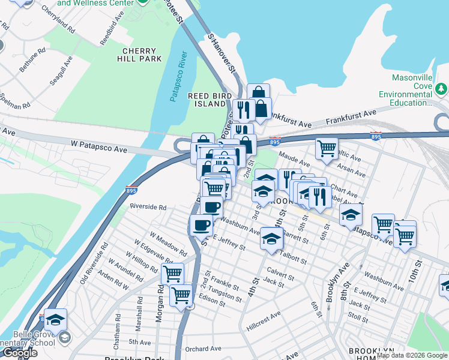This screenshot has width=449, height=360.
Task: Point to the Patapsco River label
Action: pos(179,77)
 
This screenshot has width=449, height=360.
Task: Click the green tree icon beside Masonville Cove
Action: pos(442,89)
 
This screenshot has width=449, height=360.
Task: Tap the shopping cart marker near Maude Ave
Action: pos(327,147)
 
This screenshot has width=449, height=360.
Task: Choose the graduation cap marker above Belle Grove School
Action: pos(56,319)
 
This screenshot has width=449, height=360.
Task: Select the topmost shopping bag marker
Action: pos(258,93)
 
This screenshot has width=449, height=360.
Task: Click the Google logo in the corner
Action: pos(19,353)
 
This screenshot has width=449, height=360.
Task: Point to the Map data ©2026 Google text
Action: pos(412,355)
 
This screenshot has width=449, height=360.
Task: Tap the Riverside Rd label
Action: pos(149,207)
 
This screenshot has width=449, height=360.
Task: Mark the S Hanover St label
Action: pos(221,55)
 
